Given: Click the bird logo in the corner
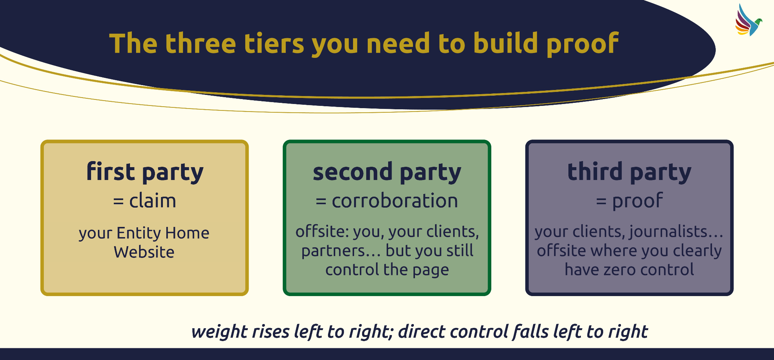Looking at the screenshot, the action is click(748, 20).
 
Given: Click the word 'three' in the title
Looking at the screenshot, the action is click(201, 43).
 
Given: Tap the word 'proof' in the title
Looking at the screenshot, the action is click(582, 44).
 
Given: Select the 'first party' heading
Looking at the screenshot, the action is click(145, 172).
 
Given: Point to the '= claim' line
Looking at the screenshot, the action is click(145, 200).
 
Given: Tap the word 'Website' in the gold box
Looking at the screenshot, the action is click(144, 252).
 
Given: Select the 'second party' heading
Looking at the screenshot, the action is click(387, 172).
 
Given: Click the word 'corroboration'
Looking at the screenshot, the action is click(395, 200).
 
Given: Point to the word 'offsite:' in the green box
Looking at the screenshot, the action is click(322, 231).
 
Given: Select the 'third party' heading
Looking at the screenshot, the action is click(629, 172).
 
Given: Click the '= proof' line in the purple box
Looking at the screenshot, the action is click(629, 201).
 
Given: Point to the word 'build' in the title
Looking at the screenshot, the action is click(505, 43).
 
